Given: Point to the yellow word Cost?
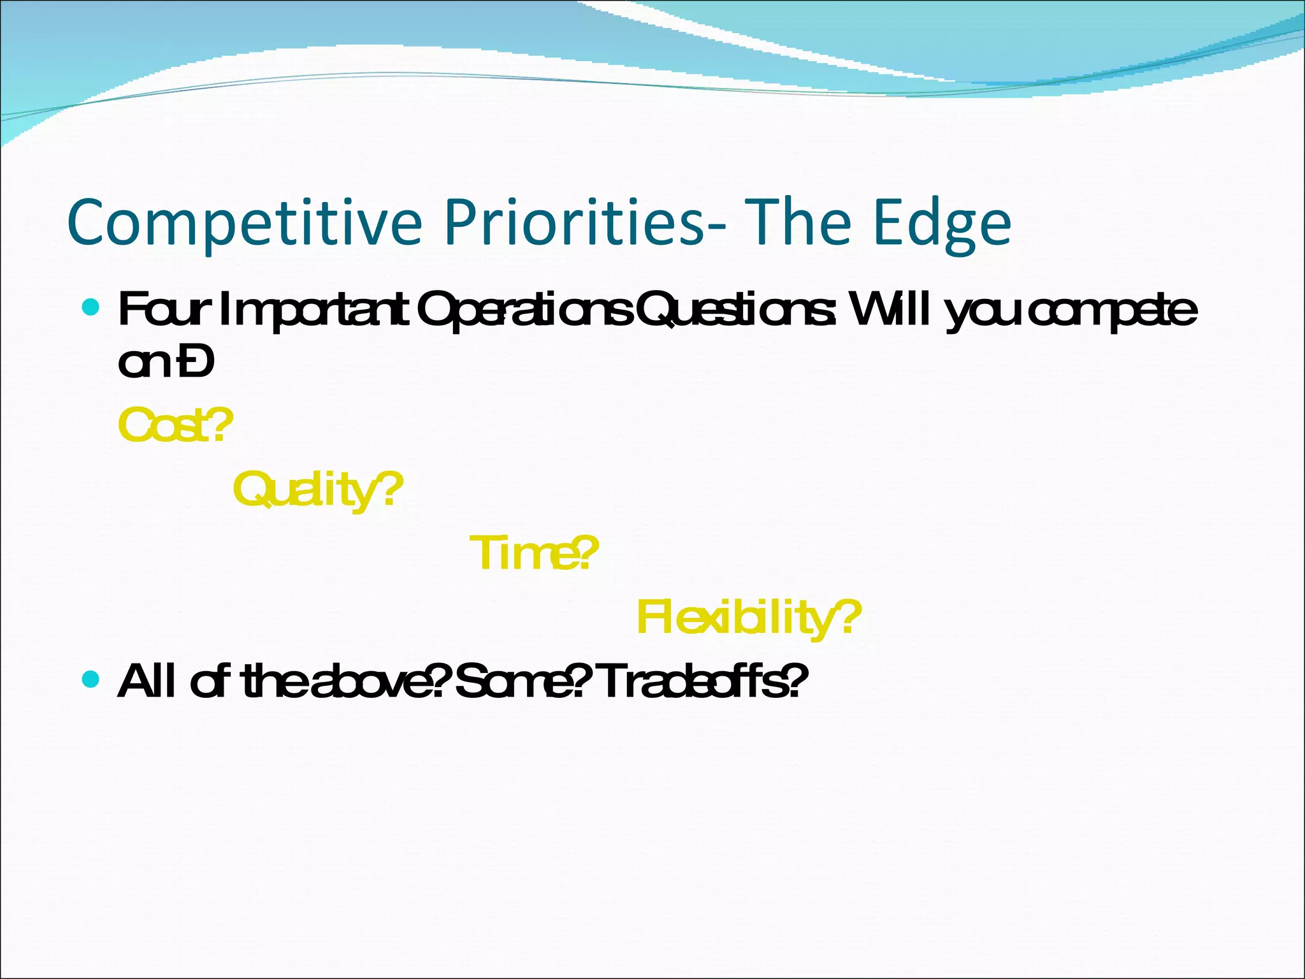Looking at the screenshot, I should (x=176, y=426).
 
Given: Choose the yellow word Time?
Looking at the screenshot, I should (x=534, y=553).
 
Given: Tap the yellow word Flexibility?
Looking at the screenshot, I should (x=749, y=617).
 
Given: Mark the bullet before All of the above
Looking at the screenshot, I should (x=92, y=679).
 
